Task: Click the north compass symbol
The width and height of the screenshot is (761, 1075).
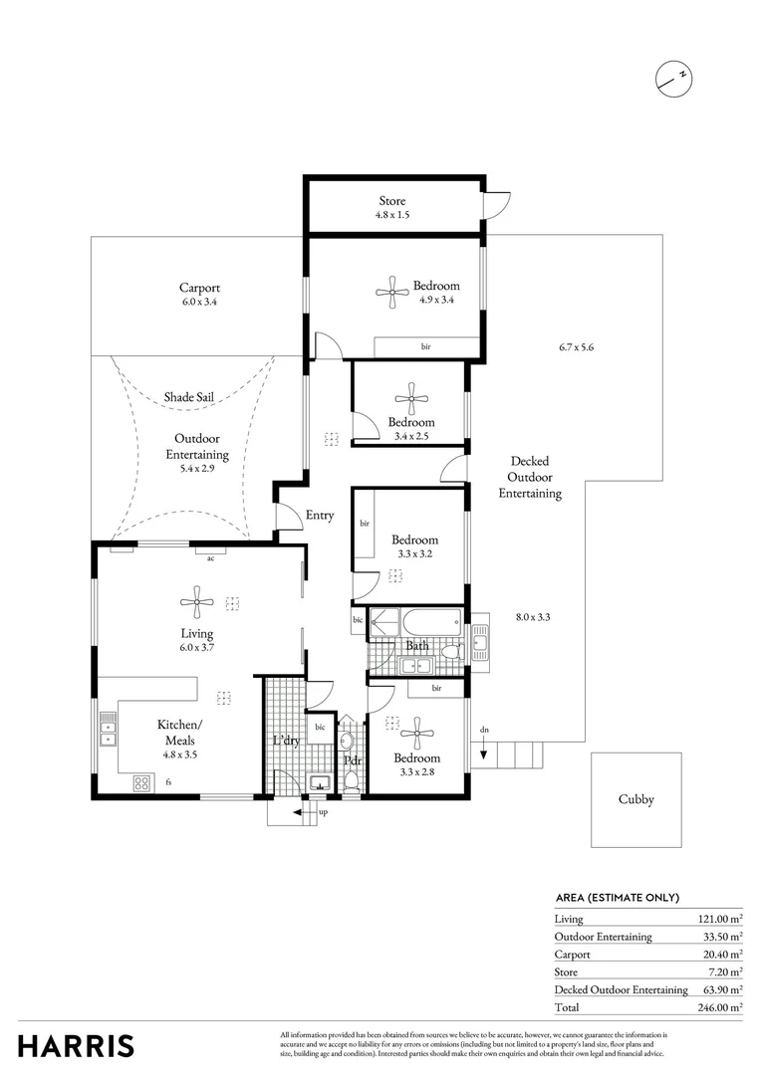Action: tap(673, 77)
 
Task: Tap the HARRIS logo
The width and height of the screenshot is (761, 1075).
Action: tap(76, 1045)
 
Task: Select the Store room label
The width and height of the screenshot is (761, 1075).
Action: tap(391, 201)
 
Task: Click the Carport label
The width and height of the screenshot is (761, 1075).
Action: tap(199, 288)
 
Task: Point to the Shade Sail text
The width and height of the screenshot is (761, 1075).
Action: tap(189, 396)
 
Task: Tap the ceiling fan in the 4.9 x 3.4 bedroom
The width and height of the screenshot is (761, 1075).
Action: tap(390, 291)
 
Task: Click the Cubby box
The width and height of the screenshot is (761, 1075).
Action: tap(635, 798)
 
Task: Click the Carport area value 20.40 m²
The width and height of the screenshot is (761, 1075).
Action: tap(721, 954)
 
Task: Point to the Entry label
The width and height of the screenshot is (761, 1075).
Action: tap(320, 516)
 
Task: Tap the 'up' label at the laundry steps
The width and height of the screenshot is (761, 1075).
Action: tap(322, 812)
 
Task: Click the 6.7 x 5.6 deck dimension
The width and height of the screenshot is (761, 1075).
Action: tap(576, 347)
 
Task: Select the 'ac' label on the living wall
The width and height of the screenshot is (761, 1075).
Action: tap(210, 558)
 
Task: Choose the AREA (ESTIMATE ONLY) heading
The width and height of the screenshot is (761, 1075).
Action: tap(617, 896)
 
